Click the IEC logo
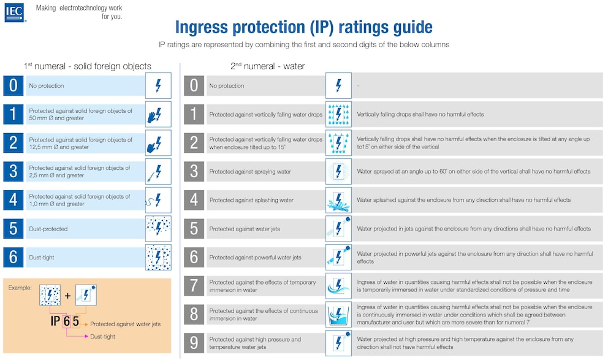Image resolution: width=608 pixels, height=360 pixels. click(x=14, y=13)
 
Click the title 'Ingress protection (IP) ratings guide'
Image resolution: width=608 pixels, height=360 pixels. click(x=303, y=28)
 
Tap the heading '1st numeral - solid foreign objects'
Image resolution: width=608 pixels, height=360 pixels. click(x=87, y=66)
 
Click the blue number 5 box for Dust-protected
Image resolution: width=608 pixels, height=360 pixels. click(x=13, y=228)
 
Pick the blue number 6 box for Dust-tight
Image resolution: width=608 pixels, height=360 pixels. click(x=13, y=257)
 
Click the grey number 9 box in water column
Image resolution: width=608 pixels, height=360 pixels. click(x=194, y=343)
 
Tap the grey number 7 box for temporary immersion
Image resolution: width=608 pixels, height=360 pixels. click(x=194, y=286)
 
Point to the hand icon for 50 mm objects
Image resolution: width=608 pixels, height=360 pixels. click(x=158, y=114)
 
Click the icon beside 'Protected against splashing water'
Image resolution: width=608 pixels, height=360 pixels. click(x=338, y=200)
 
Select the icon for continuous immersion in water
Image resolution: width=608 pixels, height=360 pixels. click(x=338, y=314)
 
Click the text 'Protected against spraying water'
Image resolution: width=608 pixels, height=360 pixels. click(x=250, y=172)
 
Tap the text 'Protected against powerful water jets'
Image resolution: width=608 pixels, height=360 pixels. click(x=256, y=258)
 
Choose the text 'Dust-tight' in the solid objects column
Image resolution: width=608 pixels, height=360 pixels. click(x=42, y=258)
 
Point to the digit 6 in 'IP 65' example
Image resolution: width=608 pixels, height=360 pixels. click(x=66, y=320)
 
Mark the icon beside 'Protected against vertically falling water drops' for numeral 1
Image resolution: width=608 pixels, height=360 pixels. click(x=338, y=114)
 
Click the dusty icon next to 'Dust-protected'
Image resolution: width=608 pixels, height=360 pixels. click(x=158, y=228)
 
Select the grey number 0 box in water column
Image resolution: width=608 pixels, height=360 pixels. click(x=194, y=85)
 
